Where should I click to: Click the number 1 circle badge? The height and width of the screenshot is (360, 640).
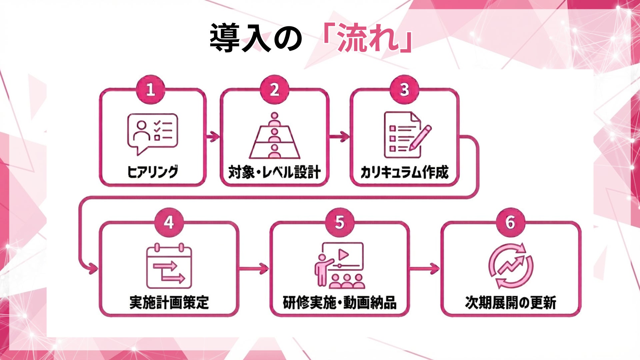(x=150, y=90)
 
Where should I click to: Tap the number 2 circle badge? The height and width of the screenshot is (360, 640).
(x=274, y=90)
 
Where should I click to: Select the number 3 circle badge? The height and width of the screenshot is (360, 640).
(x=404, y=90)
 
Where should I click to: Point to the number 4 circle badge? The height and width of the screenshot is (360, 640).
(x=169, y=222)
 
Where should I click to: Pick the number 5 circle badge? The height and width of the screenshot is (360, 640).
(x=340, y=222)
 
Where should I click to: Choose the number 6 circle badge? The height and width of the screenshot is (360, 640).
(x=510, y=222)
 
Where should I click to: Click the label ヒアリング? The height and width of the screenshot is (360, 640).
(x=153, y=172)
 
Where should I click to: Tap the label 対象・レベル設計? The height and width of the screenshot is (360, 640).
(x=274, y=172)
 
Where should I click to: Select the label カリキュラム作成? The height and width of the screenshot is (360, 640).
(x=404, y=172)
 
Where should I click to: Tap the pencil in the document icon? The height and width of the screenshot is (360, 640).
(x=420, y=137)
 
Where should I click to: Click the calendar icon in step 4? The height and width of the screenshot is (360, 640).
(x=169, y=267)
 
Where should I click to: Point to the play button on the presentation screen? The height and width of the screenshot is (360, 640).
(x=343, y=255)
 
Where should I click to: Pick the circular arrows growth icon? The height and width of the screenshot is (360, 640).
(x=510, y=266)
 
